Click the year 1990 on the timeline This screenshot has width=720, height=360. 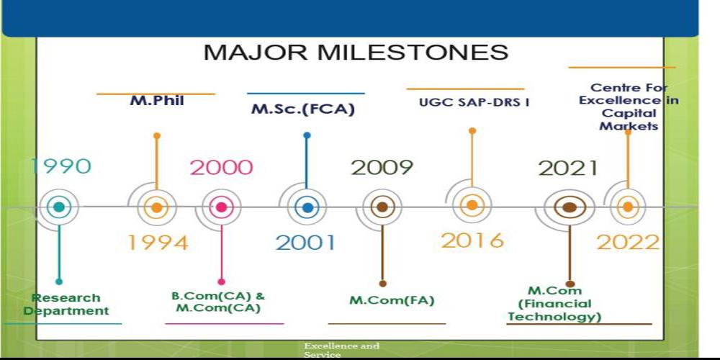point(60,166)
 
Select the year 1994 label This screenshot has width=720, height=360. point(158,243)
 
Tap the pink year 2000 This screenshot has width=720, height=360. point(221,168)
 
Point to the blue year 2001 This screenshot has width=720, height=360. point(306,243)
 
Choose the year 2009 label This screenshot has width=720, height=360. point(382,168)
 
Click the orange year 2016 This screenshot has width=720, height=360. point(472,240)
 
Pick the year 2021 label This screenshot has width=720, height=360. point(569,168)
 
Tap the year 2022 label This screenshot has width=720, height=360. point(628,242)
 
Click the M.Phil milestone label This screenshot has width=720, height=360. point(157,101)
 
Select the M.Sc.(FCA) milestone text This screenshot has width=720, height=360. point(303,109)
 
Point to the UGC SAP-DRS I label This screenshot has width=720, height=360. point(474,102)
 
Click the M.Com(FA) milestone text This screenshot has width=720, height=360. point(392,300)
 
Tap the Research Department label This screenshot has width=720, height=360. point(66,304)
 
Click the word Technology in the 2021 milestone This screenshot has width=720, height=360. point(554,316)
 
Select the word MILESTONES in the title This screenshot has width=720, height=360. point(413,53)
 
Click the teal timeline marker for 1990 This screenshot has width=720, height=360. point(59,207)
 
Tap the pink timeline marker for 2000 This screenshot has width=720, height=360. point(221,207)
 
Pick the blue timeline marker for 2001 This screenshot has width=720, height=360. point(307,207)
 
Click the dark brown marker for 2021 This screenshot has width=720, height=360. point(570,207)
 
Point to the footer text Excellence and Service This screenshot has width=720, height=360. point(341,351)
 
